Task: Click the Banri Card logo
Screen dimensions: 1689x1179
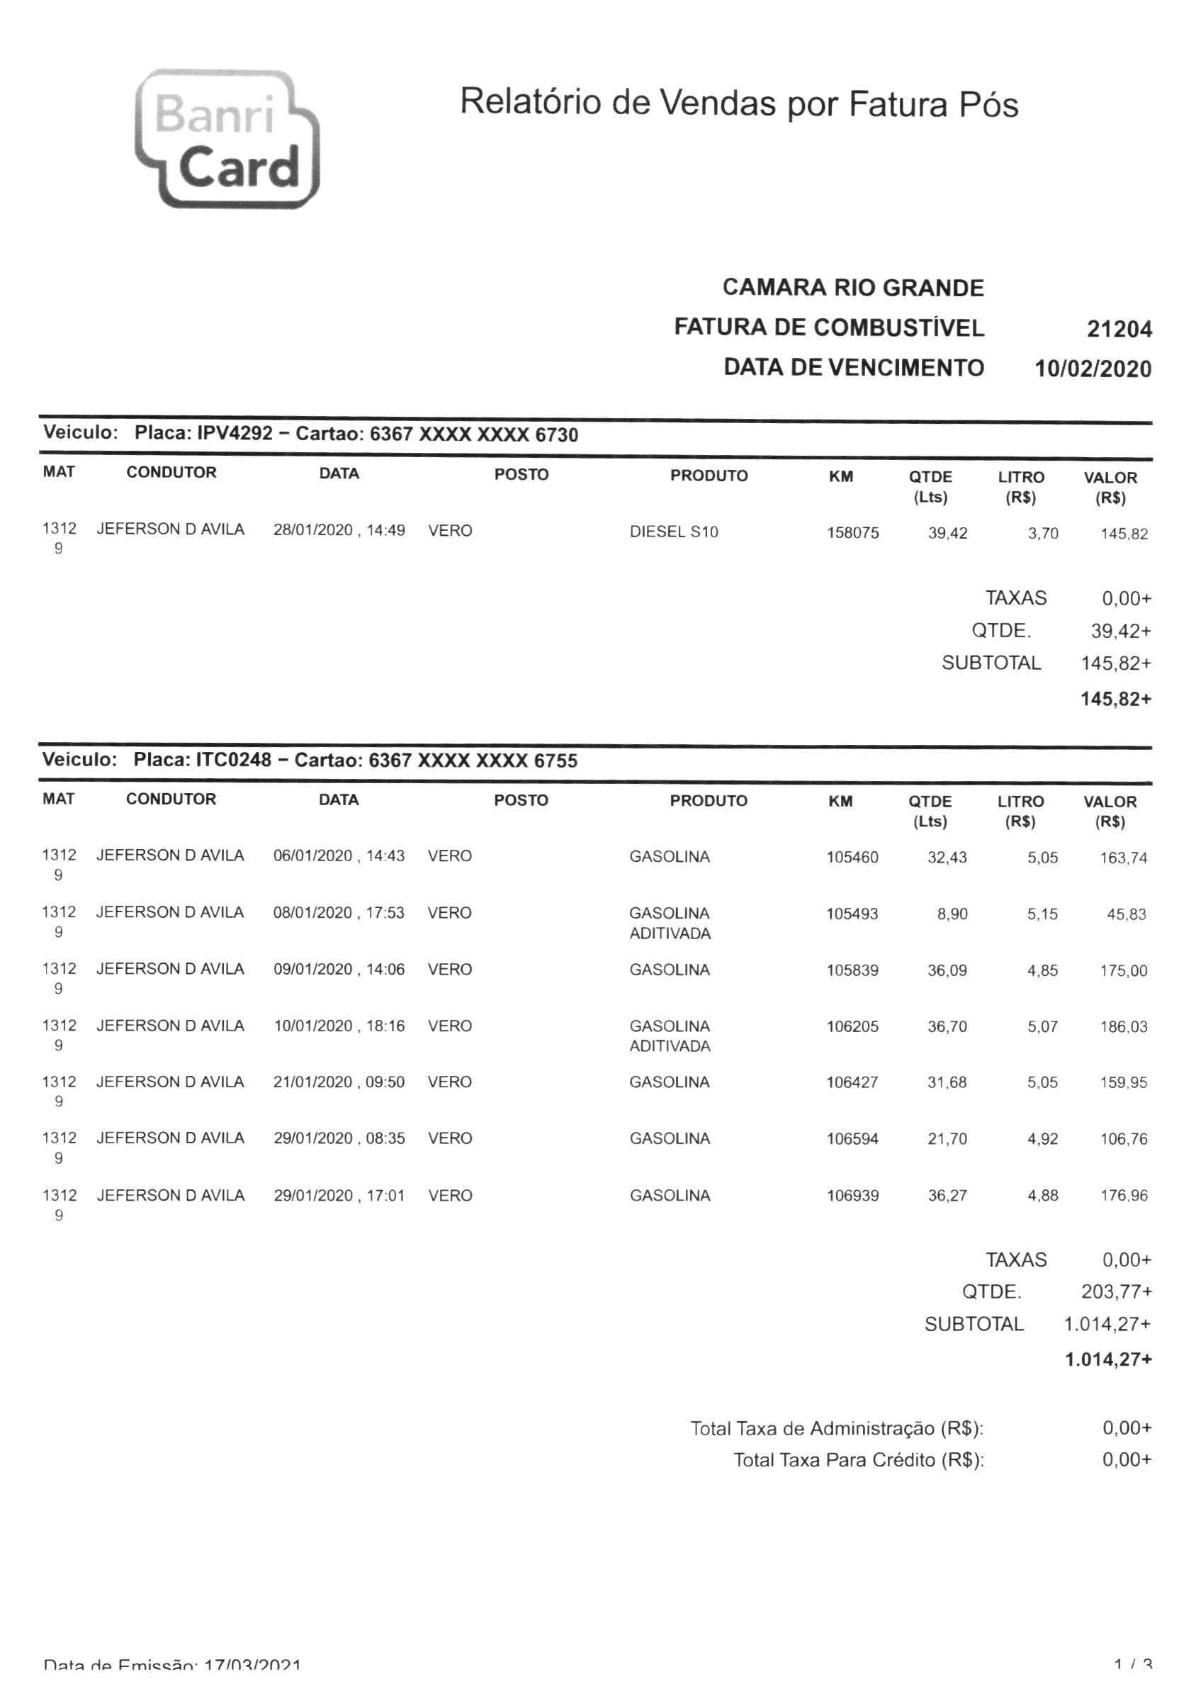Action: coord(227,138)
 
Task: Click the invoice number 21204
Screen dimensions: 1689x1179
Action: coord(1119,329)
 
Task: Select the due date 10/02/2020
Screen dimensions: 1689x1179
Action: coord(1093,369)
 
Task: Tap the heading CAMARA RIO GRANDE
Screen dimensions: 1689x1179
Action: coord(852,288)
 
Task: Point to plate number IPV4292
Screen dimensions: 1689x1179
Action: coord(235,432)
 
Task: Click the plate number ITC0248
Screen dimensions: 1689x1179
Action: coord(233,759)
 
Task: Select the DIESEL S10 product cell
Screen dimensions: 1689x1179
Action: coord(673,532)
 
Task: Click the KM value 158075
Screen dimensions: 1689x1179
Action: coord(852,532)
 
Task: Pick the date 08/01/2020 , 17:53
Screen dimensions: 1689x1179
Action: coord(339,913)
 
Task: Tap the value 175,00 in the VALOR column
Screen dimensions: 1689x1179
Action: coord(1123,970)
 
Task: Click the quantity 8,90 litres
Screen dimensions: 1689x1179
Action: coord(952,914)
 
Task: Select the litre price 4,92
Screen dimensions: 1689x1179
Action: coord(1042,1139)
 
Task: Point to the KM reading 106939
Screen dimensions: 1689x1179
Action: coord(852,1196)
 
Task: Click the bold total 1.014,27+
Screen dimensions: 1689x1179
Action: coord(1107,1359)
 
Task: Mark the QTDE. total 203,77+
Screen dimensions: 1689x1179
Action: coord(1116,1291)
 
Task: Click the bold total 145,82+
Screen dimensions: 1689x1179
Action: coord(1115,698)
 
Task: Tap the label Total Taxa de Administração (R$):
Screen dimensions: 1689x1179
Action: coord(836,1429)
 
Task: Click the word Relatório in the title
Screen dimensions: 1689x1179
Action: coord(531,101)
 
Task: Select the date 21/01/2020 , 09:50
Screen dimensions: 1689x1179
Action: coord(339,1082)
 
